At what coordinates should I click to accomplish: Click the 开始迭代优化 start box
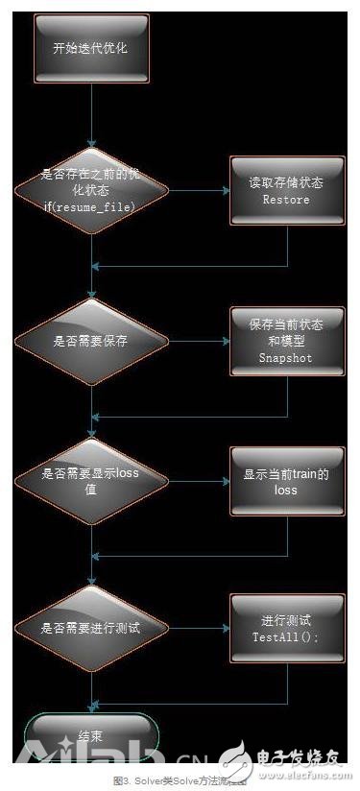coord(91,46)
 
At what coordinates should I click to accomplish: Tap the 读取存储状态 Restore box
coord(286,191)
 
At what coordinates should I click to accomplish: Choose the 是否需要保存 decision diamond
coord(91,341)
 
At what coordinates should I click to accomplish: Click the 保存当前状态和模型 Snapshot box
coord(286,341)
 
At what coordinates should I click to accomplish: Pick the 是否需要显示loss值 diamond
coord(91,482)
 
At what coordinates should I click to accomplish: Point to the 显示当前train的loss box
coord(286,482)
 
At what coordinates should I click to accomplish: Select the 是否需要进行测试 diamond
coord(91,628)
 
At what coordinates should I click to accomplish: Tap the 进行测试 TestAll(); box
coord(286,628)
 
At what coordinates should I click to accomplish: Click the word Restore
coord(286,201)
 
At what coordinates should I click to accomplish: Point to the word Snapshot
coord(286,358)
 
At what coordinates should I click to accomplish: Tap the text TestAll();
coord(286,636)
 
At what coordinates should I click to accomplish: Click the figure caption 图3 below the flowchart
coord(180,780)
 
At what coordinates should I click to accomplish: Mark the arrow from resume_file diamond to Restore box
coord(199,191)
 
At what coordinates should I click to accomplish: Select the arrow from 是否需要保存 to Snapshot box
coord(199,341)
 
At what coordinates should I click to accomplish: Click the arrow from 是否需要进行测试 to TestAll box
coord(199,628)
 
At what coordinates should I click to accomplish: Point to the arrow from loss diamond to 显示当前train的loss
coord(199,482)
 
